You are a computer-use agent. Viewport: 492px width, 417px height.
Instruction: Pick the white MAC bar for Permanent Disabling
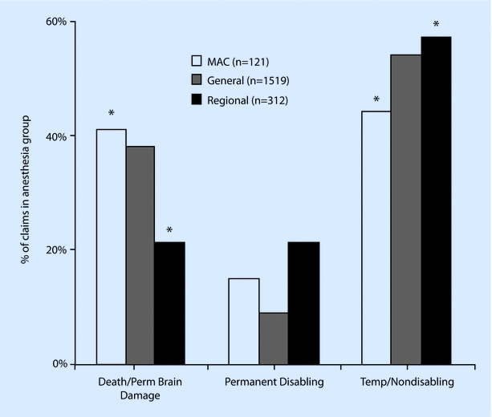point(244,321)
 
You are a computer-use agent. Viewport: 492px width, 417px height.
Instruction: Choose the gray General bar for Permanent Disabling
point(274,338)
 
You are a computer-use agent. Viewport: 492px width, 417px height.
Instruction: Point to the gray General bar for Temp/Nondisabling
point(406,209)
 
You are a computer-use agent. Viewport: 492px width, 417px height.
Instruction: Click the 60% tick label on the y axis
point(56,21)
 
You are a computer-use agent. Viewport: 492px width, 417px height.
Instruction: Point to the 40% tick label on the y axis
point(56,136)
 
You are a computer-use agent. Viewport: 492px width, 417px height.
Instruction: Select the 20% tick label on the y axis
point(56,249)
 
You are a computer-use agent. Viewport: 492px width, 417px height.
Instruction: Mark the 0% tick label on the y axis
point(59,364)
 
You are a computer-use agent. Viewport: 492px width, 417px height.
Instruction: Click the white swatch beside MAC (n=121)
point(195,60)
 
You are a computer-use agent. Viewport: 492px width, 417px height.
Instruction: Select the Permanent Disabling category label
point(274,383)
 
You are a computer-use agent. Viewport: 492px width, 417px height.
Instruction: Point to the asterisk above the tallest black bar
point(436,25)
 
